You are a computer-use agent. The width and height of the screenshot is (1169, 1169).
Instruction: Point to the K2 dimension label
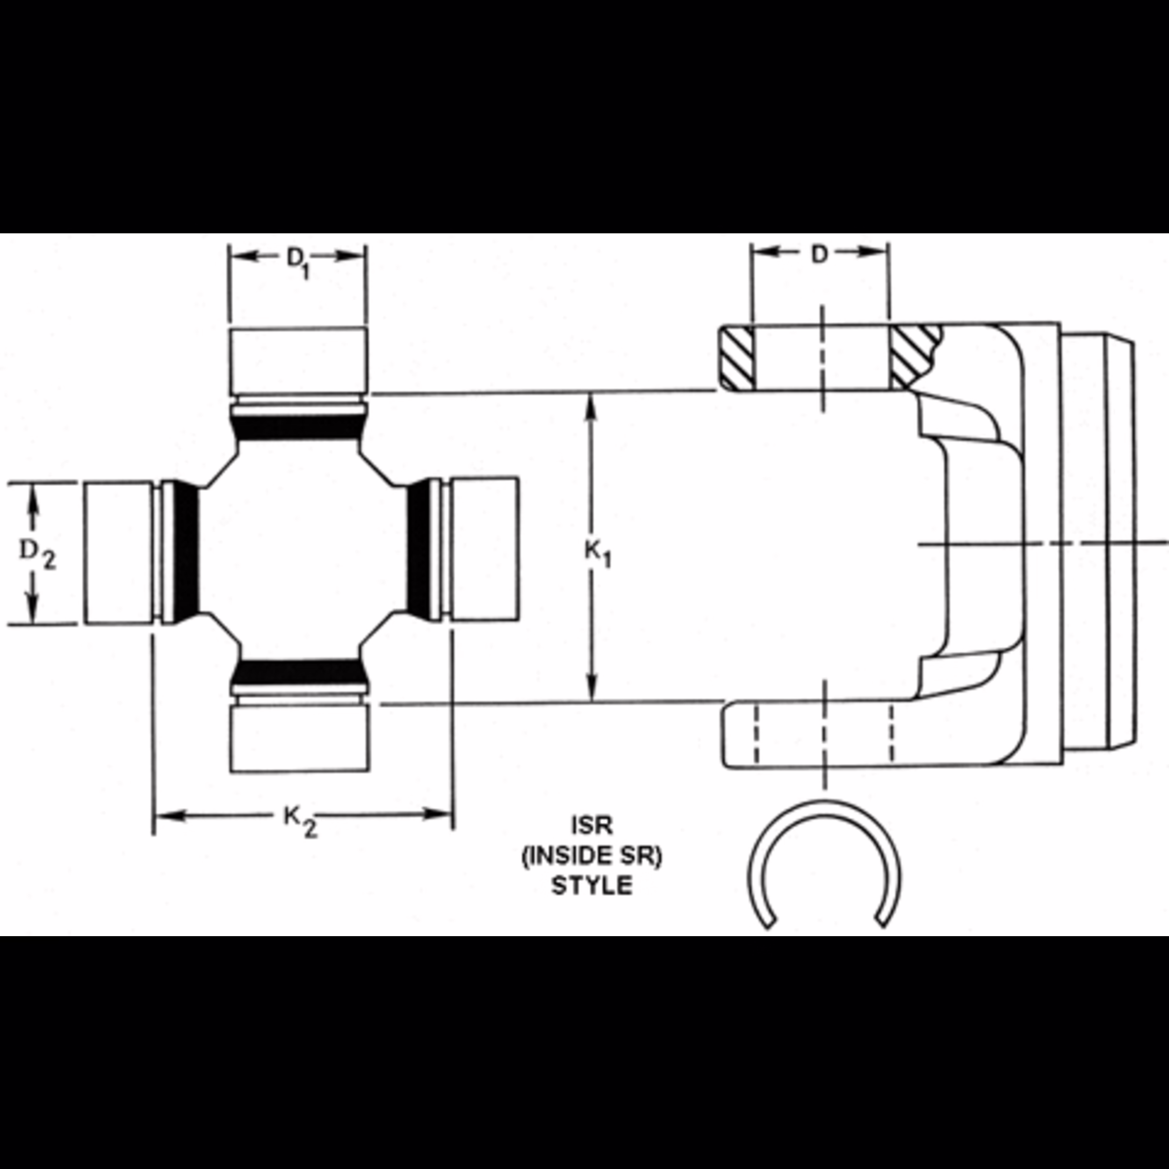pos(301,821)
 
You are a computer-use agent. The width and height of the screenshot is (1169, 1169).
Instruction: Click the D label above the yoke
pos(819,255)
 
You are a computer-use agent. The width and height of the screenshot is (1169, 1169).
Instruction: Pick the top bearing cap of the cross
pos(298,360)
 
